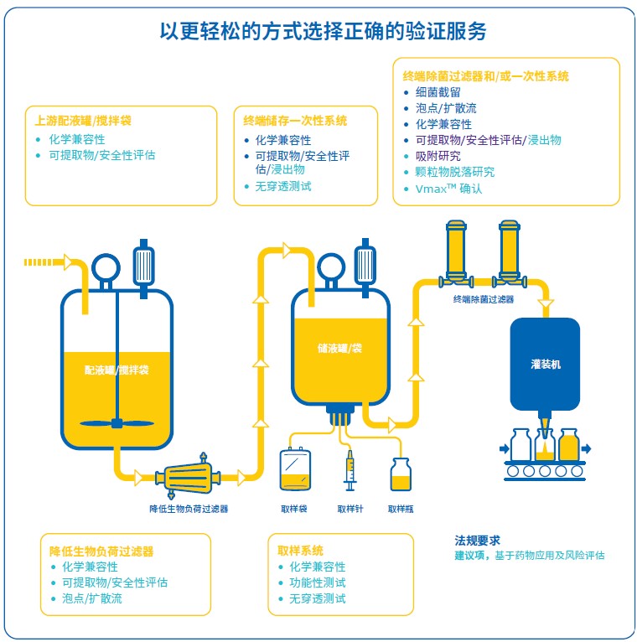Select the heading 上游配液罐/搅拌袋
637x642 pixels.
pos(83,121)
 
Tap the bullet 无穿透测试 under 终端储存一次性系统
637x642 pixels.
pos(287,186)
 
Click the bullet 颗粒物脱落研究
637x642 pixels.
pos(454,172)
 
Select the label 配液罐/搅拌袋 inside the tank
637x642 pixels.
pos(117,370)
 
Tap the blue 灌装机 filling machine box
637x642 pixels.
pos(545,365)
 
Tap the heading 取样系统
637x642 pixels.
pos(300,551)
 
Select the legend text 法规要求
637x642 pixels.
pos(477,541)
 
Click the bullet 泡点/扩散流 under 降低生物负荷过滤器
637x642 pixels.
pos(91,598)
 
